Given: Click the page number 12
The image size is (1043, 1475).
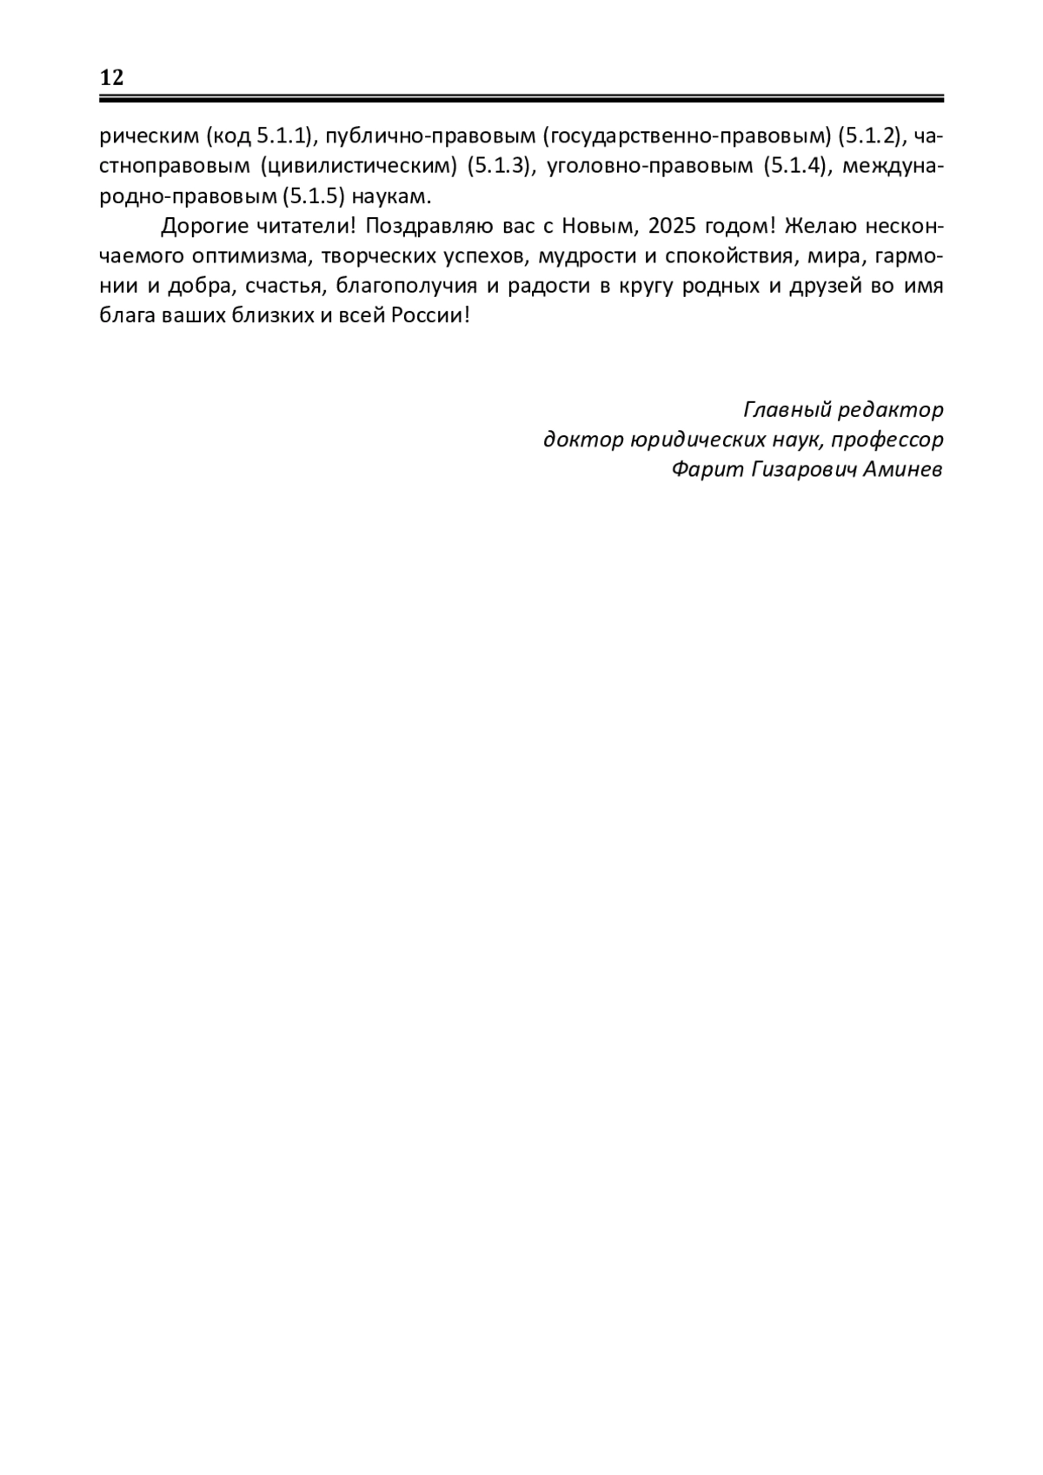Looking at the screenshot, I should pos(112,77).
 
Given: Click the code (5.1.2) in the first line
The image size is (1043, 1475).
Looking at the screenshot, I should pos(874,136).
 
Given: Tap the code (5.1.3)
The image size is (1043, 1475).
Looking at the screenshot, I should pos(499,167).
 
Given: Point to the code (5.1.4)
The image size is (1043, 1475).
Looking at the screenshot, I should pos(794,167).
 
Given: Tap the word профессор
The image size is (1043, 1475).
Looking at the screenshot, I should pos(887,440).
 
